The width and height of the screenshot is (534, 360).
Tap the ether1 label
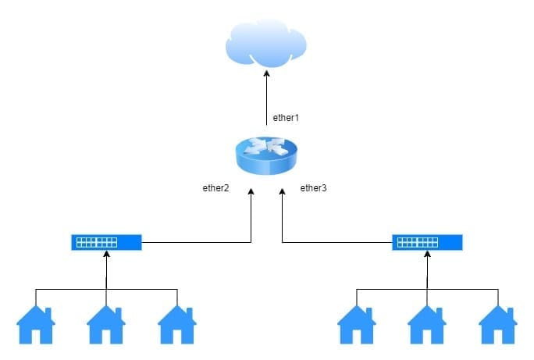click(286, 118)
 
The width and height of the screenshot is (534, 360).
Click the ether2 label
click(215, 187)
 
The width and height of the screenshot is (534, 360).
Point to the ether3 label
click(314, 187)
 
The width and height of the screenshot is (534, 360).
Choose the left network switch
click(106, 242)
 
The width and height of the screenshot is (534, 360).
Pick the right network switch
click(426, 242)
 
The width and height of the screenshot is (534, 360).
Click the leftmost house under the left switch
click(35, 325)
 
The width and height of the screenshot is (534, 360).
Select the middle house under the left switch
click(106, 325)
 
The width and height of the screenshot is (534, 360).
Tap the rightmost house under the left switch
click(177, 325)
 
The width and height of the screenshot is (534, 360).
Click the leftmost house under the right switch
click(356, 325)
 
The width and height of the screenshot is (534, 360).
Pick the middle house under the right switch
click(427, 325)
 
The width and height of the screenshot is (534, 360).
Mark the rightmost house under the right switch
click(497, 325)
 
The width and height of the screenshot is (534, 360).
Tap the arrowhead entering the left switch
click(106, 255)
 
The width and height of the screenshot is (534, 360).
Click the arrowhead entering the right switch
click(427, 255)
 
